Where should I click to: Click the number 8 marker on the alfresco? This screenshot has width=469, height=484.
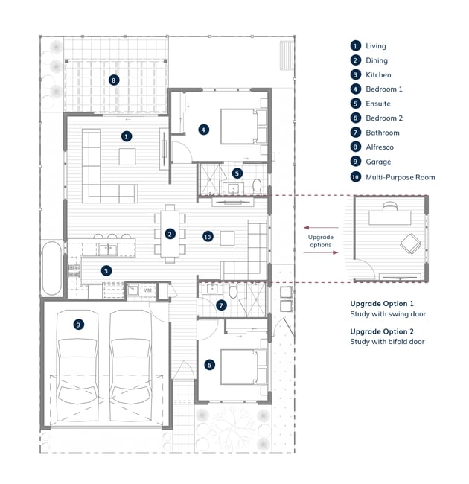[x=114, y=80]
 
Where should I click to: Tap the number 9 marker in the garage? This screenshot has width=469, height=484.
[x=78, y=325]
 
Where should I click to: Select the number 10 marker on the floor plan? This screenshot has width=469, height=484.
[x=208, y=237]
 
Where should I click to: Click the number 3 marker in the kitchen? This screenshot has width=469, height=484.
[x=106, y=271]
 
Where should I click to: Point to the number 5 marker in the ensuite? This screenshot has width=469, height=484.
[x=237, y=173]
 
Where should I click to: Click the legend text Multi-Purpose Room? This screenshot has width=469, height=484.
[x=401, y=177]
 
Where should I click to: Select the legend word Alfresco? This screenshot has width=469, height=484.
[x=380, y=147]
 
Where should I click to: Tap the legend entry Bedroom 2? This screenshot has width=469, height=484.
[x=384, y=118]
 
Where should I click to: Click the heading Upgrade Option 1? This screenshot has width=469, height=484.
[x=382, y=304]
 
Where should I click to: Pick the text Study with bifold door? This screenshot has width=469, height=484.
[x=387, y=342]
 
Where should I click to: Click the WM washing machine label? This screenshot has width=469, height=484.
[x=148, y=290]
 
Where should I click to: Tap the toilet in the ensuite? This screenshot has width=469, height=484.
[x=257, y=186]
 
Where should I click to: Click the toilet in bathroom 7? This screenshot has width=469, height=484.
[x=233, y=291]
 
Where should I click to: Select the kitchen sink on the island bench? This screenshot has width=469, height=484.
[x=108, y=249]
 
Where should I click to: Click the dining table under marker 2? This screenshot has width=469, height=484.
[x=170, y=234]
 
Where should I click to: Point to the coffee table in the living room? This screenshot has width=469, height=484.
[x=127, y=156]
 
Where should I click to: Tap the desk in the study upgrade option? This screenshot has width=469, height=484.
[x=389, y=217]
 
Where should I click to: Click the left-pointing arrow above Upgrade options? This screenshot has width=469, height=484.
[x=321, y=228]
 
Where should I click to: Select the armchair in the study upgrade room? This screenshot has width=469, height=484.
[x=410, y=243]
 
